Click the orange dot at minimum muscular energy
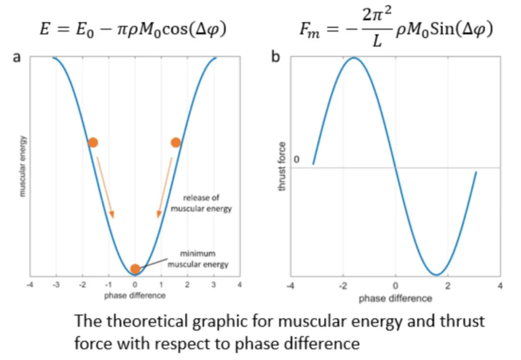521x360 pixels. pos(135,268)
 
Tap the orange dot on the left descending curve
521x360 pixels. pos(93,142)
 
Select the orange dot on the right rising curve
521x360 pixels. pos(175,142)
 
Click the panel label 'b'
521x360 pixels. pos(276,58)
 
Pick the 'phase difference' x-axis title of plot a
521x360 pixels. pos(135,295)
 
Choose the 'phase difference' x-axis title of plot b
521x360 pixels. pos(395,298)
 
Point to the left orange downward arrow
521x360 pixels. pos(104,187)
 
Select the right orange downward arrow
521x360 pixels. pos(165,187)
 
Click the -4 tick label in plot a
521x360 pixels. pos(30,285)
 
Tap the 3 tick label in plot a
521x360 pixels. pos(213,285)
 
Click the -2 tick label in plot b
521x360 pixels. pos(342,285)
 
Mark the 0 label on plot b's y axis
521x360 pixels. pos(296,160)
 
